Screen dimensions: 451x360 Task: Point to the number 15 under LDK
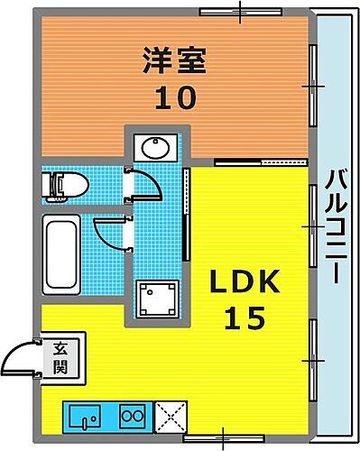tap(239, 318)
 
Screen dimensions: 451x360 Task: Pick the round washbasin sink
tap(152, 147)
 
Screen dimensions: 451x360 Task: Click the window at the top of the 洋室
tap(239, 11)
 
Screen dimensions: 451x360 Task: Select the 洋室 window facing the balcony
tap(313, 86)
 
